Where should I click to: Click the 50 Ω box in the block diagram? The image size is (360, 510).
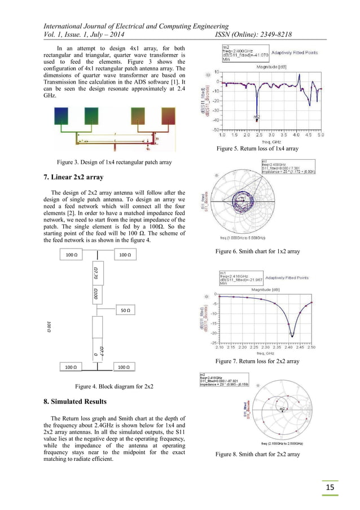pos(127,310)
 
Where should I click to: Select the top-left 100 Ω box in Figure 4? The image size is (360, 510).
pos(72,255)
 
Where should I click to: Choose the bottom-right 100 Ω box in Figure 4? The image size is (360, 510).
pos(126,367)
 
